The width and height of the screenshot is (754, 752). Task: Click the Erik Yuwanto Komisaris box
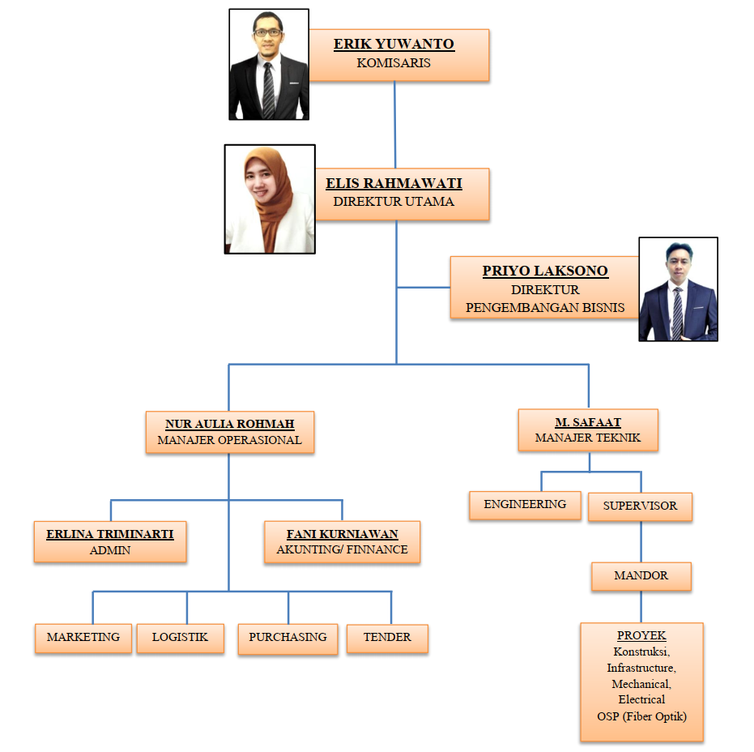(x=398, y=55)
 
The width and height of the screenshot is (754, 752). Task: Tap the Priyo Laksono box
(x=543, y=288)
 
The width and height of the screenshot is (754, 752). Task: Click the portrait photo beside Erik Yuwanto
(x=268, y=65)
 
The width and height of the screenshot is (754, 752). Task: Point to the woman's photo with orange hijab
(x=269, y=199)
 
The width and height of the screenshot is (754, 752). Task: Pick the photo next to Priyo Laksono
(x=678, y=289)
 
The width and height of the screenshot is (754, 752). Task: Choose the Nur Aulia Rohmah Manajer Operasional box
(x=229, y=432)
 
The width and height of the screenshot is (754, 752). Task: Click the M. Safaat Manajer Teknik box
(x=588, y=429)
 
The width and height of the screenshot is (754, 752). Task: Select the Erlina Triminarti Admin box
(x=110, y=541)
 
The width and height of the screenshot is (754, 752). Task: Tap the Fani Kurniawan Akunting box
(x=343, y=541)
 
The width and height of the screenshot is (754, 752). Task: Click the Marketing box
(x=83, y=638)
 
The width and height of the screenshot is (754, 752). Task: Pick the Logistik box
(x=180, y=638)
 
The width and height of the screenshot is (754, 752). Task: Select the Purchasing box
(x=288, y=638)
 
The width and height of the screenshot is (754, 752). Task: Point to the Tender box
(x=387, y=638)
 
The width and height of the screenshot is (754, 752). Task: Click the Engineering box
(x=525, y=505)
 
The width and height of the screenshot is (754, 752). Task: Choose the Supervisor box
(x=640, y=506)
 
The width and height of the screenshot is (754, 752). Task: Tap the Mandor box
(x=641, y=576)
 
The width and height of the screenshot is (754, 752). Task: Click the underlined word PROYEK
(x=641, y=636)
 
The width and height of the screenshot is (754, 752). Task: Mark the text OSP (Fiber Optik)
(x=641, y=716)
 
